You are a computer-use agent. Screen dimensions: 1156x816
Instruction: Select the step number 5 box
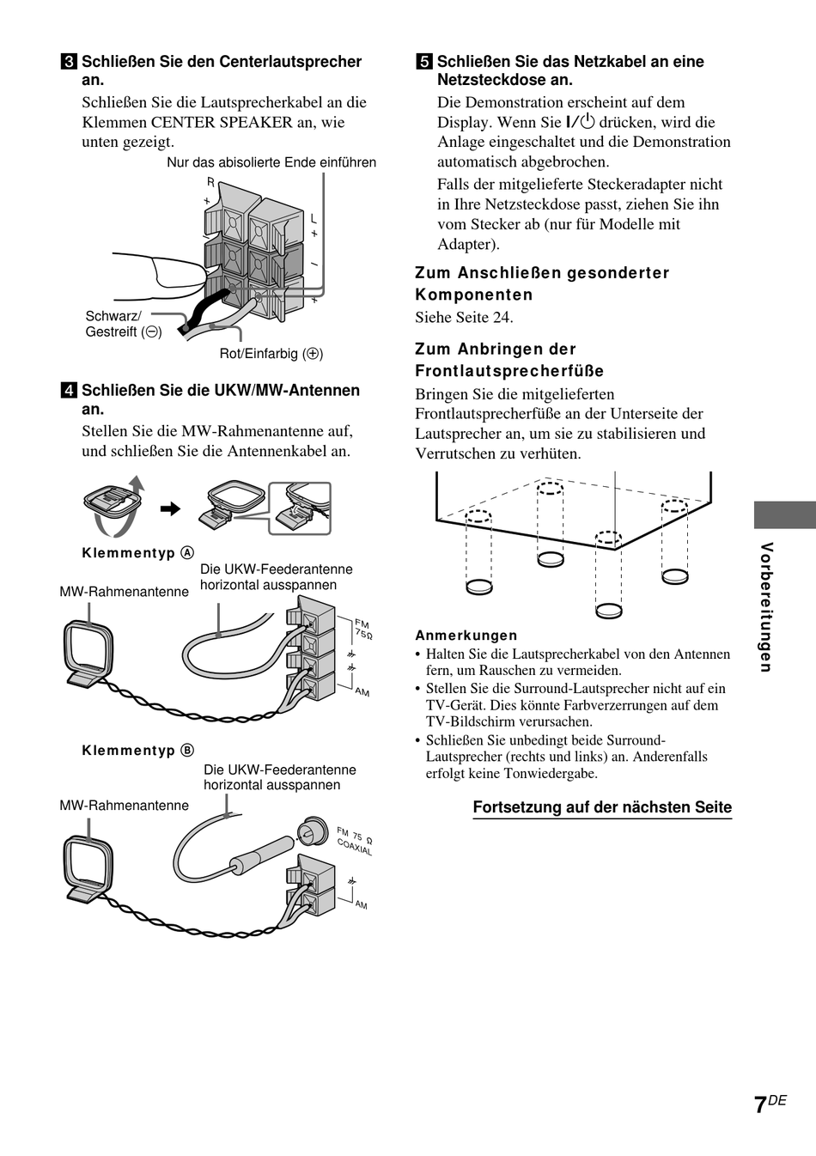click(423, 62)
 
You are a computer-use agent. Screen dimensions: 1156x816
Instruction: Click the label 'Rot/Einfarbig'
click(271, 353)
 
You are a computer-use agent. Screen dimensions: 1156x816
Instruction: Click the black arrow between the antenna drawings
click(171, 509)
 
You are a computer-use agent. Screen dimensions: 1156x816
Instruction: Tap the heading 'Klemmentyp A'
click(137, 553)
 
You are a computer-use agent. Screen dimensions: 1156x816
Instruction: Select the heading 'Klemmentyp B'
click(137, 751)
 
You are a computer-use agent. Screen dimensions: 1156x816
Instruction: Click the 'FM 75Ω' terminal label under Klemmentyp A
click(362, 630)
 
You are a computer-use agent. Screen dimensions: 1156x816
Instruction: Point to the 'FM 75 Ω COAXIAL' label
click(355, 841)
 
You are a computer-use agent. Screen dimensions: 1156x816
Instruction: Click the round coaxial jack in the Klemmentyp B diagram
click(310, 830)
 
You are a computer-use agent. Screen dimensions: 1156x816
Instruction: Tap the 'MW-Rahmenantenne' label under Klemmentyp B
click(124, 806)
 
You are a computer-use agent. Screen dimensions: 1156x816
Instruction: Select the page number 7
click(759, 1105)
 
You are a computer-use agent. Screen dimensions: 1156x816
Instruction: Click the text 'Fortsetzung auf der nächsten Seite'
click(602, 807)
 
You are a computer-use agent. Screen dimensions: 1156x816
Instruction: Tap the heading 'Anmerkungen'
click(466, 636)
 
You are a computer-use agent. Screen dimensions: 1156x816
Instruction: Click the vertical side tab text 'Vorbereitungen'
click(767, 607)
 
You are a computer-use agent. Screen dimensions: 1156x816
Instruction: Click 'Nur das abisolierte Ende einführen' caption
click(271, 162)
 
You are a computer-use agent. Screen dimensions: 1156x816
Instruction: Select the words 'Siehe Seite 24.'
click(464, 318)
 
